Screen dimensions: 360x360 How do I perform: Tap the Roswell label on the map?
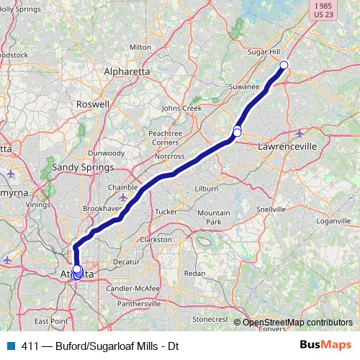(x=94, y=104)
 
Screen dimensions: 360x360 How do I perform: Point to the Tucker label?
(x=166, y=212)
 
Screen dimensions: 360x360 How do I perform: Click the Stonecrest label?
(x=210, y=318)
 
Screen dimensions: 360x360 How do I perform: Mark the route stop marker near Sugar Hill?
(x=284, y=66)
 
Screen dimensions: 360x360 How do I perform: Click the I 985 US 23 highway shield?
(x=324, y=11)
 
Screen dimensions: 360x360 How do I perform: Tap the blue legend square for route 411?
(x=11, y=346)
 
